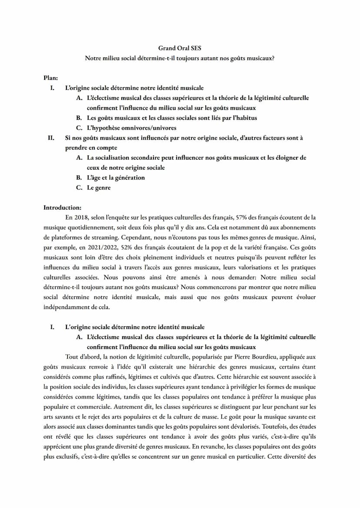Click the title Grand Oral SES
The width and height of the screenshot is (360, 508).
click(180, 48)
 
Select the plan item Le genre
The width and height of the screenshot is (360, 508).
click(99, 188)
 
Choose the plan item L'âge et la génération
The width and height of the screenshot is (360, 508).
click(116, 178)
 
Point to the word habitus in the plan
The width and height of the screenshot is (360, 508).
click(244, 118)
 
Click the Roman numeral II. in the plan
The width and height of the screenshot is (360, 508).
click(51, 138)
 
